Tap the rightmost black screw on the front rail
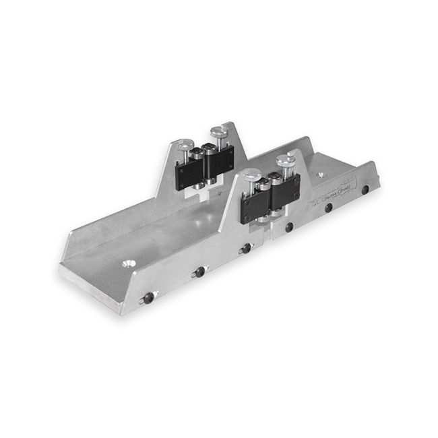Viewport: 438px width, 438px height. click(365, 191)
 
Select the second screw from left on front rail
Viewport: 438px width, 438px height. click(199, 273)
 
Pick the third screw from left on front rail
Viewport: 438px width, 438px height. click(246, 248)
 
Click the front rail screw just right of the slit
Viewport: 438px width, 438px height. click(288, 228)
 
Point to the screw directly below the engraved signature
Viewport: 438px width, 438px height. click(328, 208)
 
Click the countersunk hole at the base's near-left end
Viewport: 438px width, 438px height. click(128, 259)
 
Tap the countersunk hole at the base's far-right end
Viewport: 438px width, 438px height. click(319, 174)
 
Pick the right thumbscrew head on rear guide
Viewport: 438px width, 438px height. click(217, 129)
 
